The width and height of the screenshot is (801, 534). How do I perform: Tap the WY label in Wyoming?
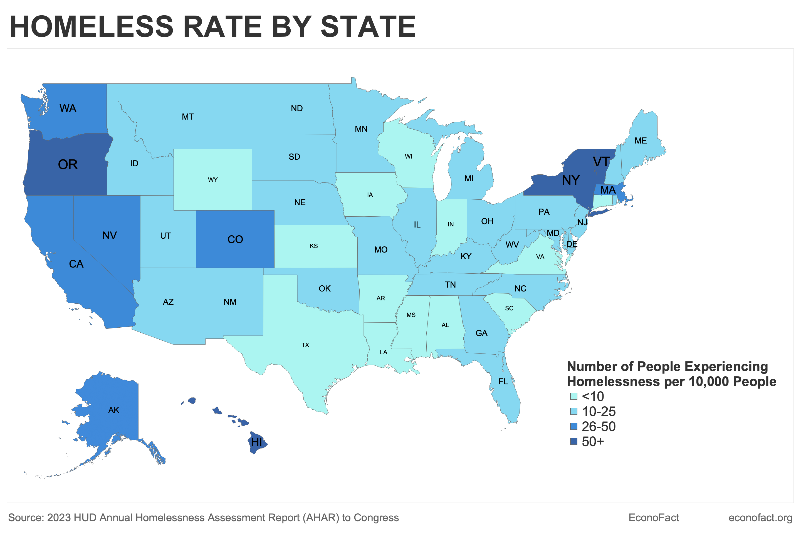click(x=213, y=180)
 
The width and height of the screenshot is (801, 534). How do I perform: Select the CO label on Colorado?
click(x=235, y=239)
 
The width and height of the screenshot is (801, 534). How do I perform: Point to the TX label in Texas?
click(x=305, y=345)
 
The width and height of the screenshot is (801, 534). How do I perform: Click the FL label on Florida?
click(x=503, y=381)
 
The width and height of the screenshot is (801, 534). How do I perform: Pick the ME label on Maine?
click(x=641, y=141)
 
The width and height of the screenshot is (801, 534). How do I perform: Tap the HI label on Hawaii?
click(x=256, y=442)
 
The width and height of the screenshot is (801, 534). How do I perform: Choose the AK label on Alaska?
click(x=114, y=410)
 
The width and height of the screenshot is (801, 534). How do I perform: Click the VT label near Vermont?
click(x=601, y=162)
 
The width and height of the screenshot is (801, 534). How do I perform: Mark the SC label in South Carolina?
click(x=509, y=308)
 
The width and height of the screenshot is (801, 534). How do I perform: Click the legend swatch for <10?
click(x=574, y=396)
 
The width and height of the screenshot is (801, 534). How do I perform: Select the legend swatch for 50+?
click(x=574, y=442)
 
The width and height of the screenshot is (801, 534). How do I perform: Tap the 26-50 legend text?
click(x=598, y=427)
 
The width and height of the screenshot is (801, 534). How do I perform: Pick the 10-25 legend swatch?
click(x=574, y=411)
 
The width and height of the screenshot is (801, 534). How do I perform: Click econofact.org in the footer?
click(x=760, y=518)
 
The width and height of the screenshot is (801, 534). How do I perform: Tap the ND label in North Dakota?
click(x=297, y=108)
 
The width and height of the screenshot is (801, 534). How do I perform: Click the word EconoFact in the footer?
click(x=654, y=518)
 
